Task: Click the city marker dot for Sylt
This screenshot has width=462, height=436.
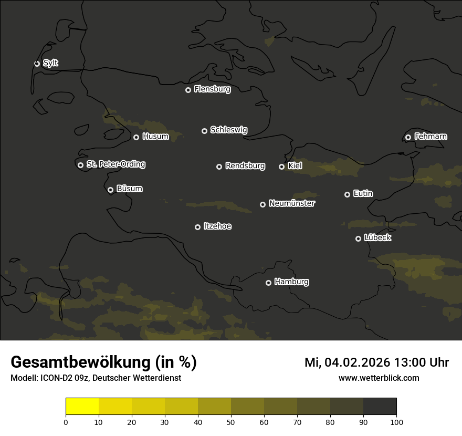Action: pyautogui.click(x=37, y=64)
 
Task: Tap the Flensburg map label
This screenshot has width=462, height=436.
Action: pyautogui.click(x=212, y=89)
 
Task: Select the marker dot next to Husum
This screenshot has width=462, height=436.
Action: pyautogui.click(x=136, y=137)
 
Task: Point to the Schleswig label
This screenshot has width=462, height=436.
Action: pyautogui.click(x=228, y=130)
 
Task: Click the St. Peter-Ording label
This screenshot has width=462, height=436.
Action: pyautogui.click(x=115, y=164)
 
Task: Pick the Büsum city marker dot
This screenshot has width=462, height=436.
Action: pyautogui.click(x=110, y=190)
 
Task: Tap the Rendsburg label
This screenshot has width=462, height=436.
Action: pyautogui.click(x=245, y=166)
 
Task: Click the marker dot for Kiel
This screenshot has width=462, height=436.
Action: pyautogui.click(x=281, y=167)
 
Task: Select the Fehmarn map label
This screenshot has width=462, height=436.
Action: pyautogui.click(x=430, y=137)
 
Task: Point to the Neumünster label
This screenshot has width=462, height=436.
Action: pyautogui.click(x=291, y=203)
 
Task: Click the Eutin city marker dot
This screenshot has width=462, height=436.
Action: pyautogui.click(x=347, y=194)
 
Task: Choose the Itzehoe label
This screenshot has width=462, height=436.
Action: pyautogui.click(x=217, y=226)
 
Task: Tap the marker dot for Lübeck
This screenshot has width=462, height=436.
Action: pyautogui.click(x=358, y=238)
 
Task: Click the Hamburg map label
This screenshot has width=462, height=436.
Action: pyautogui.click(x=291, y=282)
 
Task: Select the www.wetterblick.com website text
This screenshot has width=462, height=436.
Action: pyautogui.click(x=379, y=378)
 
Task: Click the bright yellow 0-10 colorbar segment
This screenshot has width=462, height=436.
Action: pyautogui.click(x=82, y=407)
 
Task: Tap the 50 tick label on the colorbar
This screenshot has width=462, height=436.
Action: pyautogui.click(x=231, y=421)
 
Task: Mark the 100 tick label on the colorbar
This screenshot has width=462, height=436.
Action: pyautogui.click(x=396, y=421)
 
